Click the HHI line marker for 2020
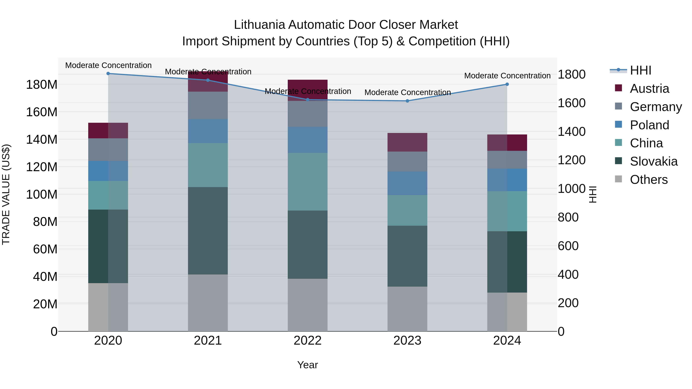point(108,73)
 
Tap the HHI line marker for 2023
point(407,101)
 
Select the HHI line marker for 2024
point(507,84)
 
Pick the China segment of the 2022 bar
point(308,182)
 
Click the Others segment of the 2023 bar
point(407,309)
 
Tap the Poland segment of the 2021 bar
point(208,131)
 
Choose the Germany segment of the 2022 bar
point(308,114)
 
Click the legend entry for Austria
point(649,88)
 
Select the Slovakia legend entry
point(653,161)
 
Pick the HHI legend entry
point(640,70)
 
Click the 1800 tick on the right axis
point(572,74)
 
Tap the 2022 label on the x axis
point(308,341)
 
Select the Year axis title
point(308,365)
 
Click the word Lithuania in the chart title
point(259,25)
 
